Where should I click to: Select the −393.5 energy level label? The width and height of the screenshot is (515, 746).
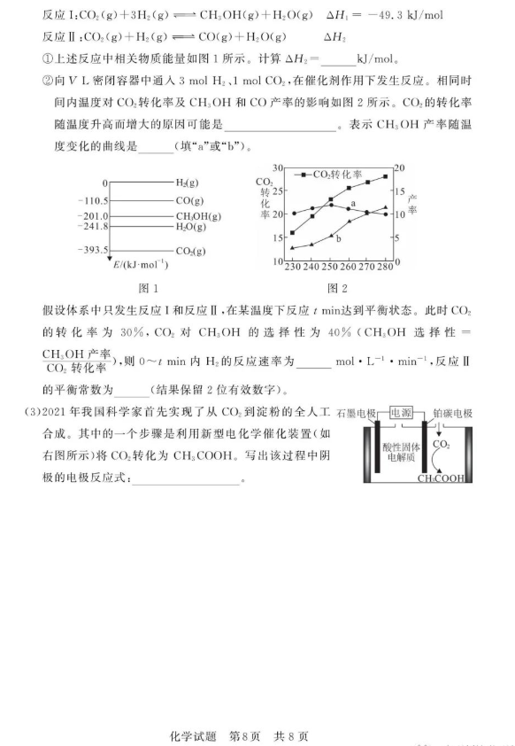coord(93,251)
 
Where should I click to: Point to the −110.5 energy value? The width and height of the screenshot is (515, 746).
coord(93,201)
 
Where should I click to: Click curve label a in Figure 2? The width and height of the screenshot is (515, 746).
coord(353,204)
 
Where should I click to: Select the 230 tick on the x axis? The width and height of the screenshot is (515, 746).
coord(292,267)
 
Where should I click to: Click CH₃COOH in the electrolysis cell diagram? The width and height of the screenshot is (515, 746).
coord(442,479)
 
